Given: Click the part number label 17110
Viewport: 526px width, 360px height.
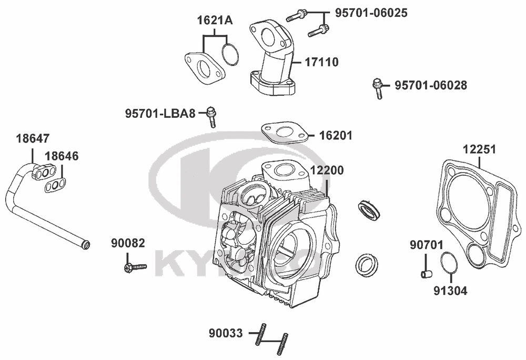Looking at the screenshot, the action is tap(321, 62).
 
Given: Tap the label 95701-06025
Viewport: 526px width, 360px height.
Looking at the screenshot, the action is tap(371, 13).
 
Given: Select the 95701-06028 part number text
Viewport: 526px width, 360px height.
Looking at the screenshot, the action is tap(431, 85).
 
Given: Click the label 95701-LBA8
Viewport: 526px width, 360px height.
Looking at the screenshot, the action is tap(160, 113).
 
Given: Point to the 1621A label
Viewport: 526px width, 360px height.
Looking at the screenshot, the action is tap(215, 21).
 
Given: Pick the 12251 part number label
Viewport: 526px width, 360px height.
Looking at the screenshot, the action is tap(479, 149).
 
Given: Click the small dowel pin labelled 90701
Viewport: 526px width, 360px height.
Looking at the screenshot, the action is tap(426, 274).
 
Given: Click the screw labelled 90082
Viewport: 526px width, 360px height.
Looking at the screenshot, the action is tap(136, 267).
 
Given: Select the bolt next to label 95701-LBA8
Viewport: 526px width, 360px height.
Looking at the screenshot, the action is tap(211, 117).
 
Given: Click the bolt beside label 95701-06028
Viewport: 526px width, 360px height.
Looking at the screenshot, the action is tap(378, 88).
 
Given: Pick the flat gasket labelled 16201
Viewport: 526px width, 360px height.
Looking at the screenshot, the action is tap(285, 133).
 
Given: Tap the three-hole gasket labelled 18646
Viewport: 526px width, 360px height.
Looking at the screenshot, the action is tap(55, 185).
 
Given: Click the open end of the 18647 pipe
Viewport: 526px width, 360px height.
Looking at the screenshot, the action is tap(86, 245).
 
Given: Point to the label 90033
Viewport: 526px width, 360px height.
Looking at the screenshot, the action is tap(226, 334).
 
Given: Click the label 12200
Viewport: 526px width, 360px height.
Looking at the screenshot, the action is tap(327, 171).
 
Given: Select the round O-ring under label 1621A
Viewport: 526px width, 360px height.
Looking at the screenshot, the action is tap(230, 54).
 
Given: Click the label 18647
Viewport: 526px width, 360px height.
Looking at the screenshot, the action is tap(33, 138).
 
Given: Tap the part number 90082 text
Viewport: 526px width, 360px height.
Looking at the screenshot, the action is tap(128, 243).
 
